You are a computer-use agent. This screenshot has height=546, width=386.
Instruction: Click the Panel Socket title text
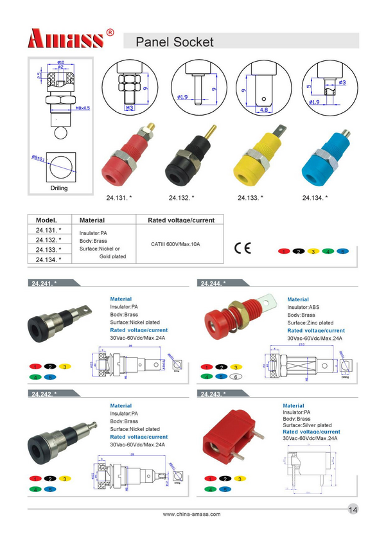[x=174, y=43]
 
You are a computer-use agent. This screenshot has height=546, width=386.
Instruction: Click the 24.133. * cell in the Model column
[x=49, y=249]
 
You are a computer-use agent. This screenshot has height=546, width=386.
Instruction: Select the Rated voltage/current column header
[x=181, y=220]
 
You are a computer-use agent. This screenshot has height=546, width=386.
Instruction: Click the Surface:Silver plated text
[x=307, y=425]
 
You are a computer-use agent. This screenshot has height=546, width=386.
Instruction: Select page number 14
[x=353, y=509]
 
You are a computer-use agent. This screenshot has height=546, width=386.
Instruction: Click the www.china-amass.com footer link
[x=191, y=514]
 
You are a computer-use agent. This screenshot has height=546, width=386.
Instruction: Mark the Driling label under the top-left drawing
[x=59, y=188]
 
